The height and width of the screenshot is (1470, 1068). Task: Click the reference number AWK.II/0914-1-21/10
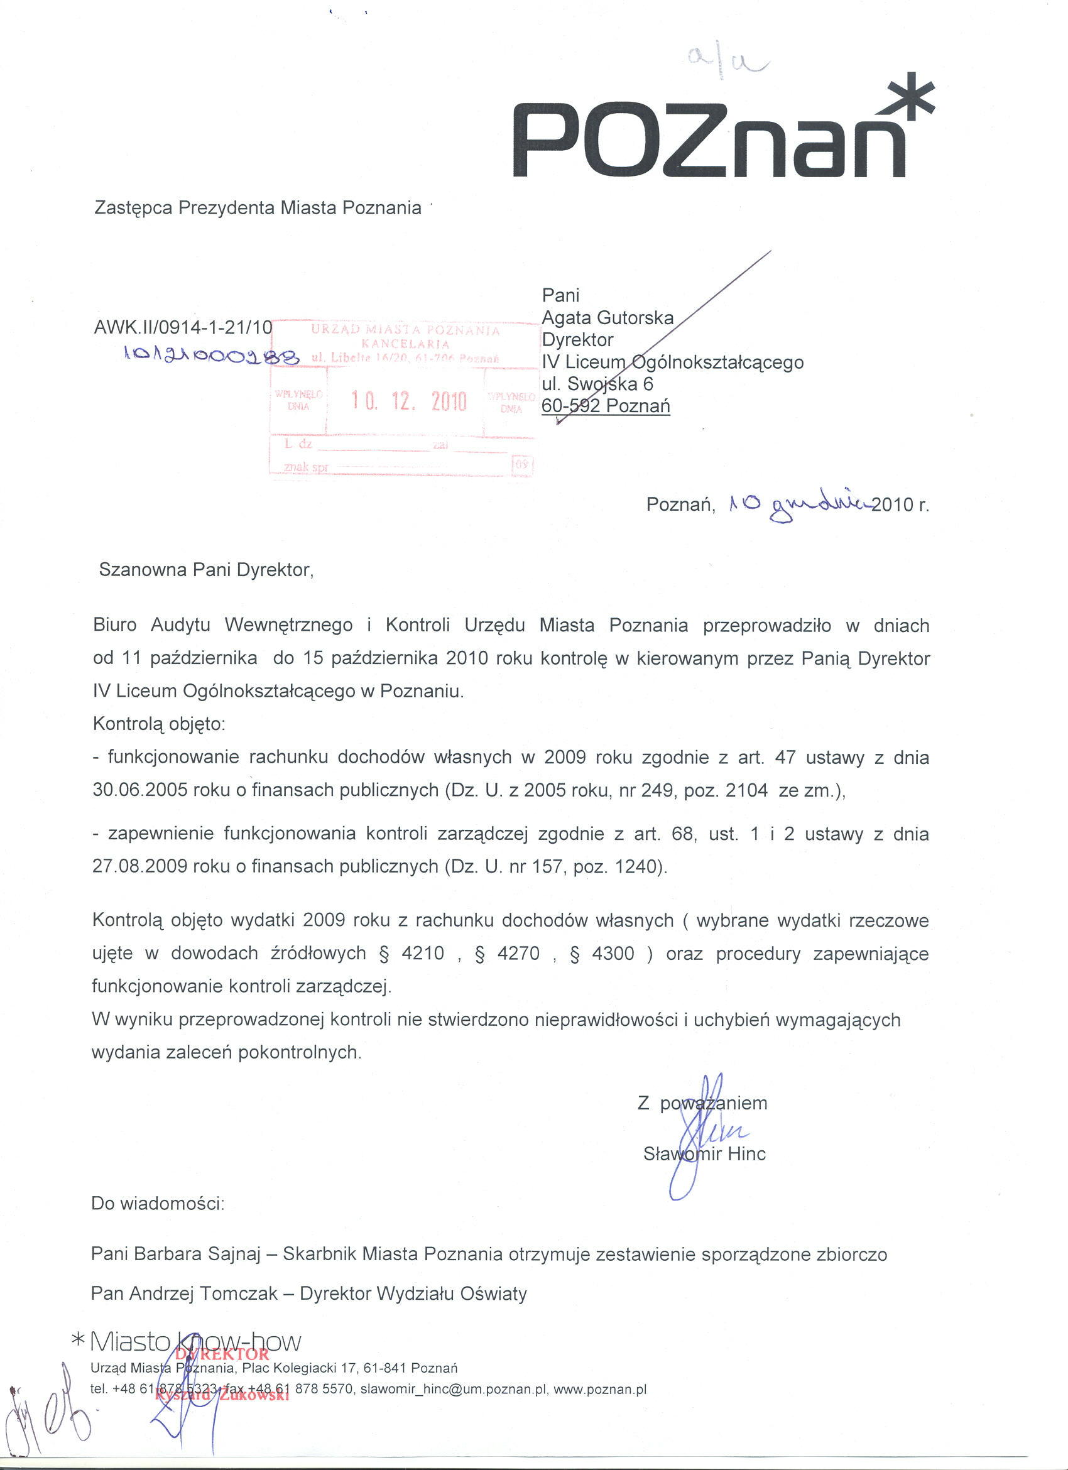tap(183, 327)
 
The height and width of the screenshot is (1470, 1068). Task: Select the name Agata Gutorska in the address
tap(608, 318)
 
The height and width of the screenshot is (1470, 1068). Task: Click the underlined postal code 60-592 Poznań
tap(605, 406)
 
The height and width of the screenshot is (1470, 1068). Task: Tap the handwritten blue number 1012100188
tap(210, 355)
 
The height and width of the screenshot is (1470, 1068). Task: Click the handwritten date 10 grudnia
tap(800, 504)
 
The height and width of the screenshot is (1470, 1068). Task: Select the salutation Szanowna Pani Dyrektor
tap(206, 570)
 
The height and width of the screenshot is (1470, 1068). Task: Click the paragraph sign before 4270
tap(479, 954)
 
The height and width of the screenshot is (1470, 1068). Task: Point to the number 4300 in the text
tap(613, 954)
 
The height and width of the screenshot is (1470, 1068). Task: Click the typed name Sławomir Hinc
tap(704, 1154)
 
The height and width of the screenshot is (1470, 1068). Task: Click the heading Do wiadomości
tap(158, 1204)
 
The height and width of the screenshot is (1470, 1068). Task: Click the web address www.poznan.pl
tap(600, 1389)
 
